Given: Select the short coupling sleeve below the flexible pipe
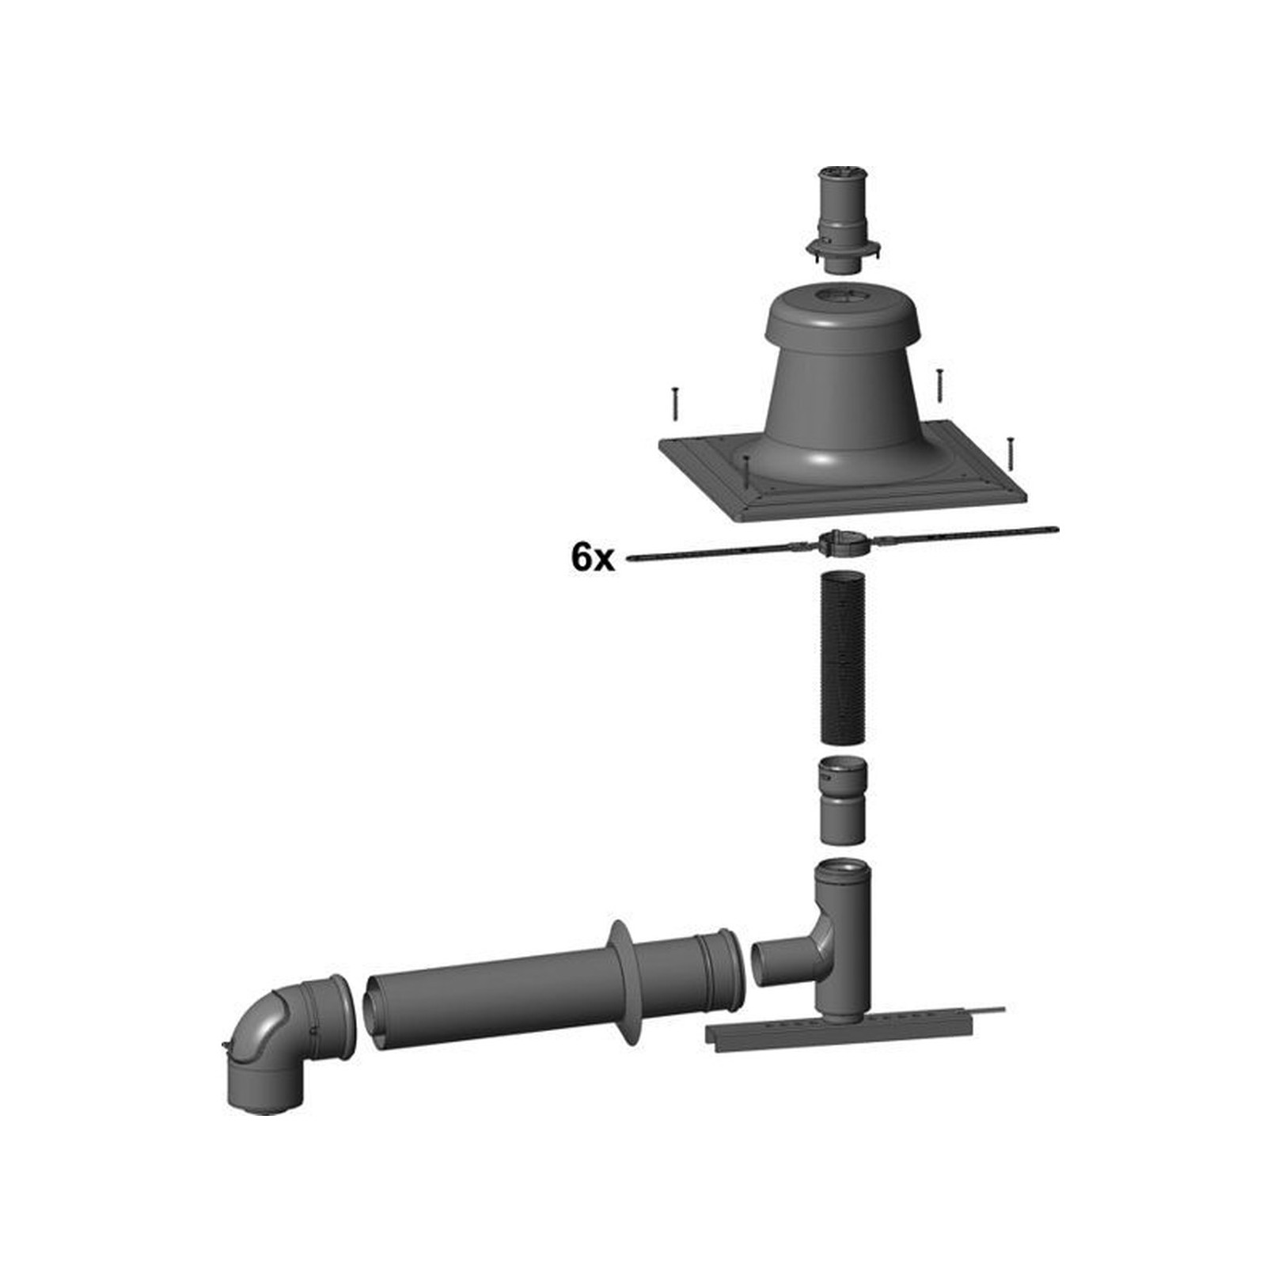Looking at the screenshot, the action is click(x=843, y=800).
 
